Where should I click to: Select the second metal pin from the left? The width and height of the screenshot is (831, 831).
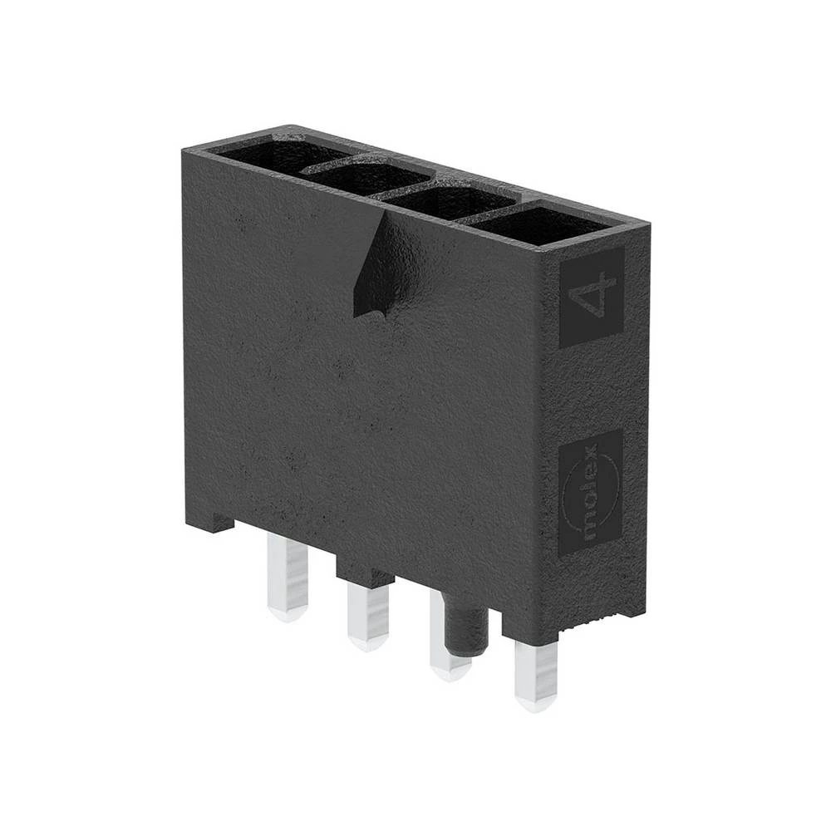tap(368, 615)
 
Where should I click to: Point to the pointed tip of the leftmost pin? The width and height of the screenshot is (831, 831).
tap(287, 616)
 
